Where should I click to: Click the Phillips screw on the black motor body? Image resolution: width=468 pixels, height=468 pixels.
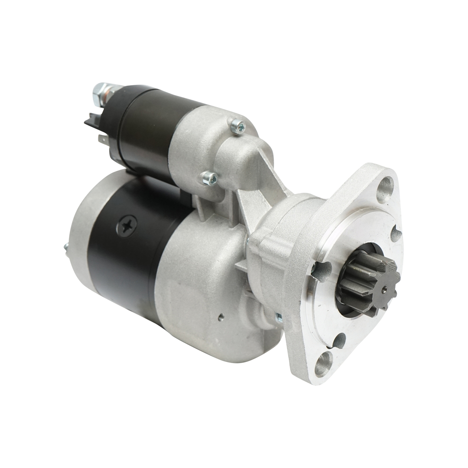click(126, 225)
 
